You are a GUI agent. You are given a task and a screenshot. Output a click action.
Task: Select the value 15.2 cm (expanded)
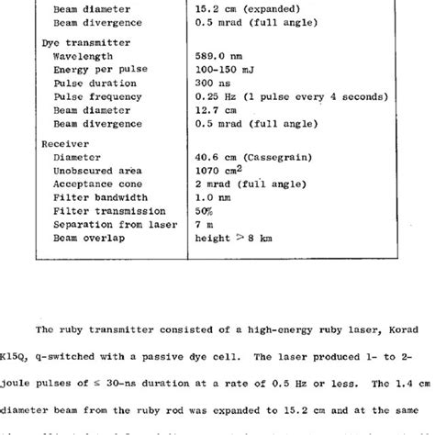pos(246,10)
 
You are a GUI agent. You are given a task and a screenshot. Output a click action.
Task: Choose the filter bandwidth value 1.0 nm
pos(214,196)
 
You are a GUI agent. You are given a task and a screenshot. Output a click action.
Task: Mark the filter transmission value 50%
pos(205,209)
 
